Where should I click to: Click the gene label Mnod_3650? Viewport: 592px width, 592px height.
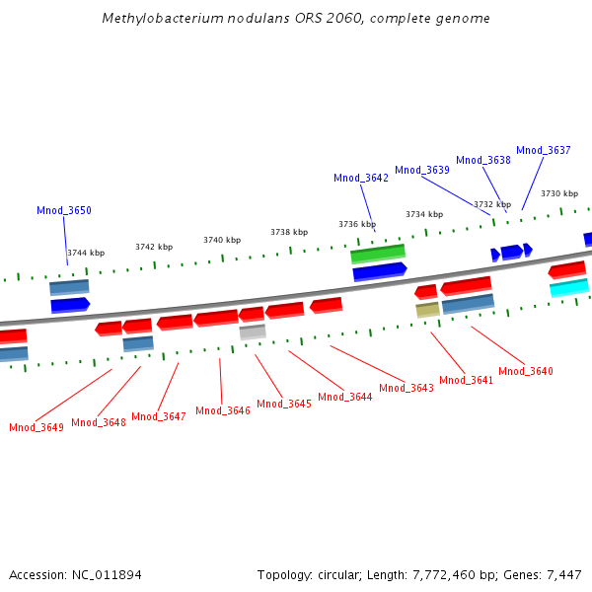[64, 210]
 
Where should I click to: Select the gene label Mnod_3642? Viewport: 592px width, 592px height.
[361, 178]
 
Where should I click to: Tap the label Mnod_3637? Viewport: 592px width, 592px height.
[544, 150]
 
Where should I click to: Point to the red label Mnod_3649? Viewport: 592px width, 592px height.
[37, 427]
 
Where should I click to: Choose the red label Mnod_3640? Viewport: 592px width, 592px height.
[526, 371]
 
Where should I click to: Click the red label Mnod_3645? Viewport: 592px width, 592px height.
[284, 404]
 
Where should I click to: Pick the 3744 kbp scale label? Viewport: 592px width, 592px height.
[86, 253]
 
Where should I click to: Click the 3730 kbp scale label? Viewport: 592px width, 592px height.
[559, 193]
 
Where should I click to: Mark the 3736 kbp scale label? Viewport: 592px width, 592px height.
[357, 224]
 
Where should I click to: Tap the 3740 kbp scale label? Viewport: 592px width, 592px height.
[222, 240]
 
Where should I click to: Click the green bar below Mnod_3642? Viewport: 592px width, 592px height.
[378, 254]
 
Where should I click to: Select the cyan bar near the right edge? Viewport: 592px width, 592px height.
[569, 287]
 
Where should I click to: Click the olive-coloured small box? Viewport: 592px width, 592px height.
[427, 309]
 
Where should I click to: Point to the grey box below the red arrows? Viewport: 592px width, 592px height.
[253, 332]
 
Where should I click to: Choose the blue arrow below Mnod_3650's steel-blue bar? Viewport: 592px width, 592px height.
[70, 305]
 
